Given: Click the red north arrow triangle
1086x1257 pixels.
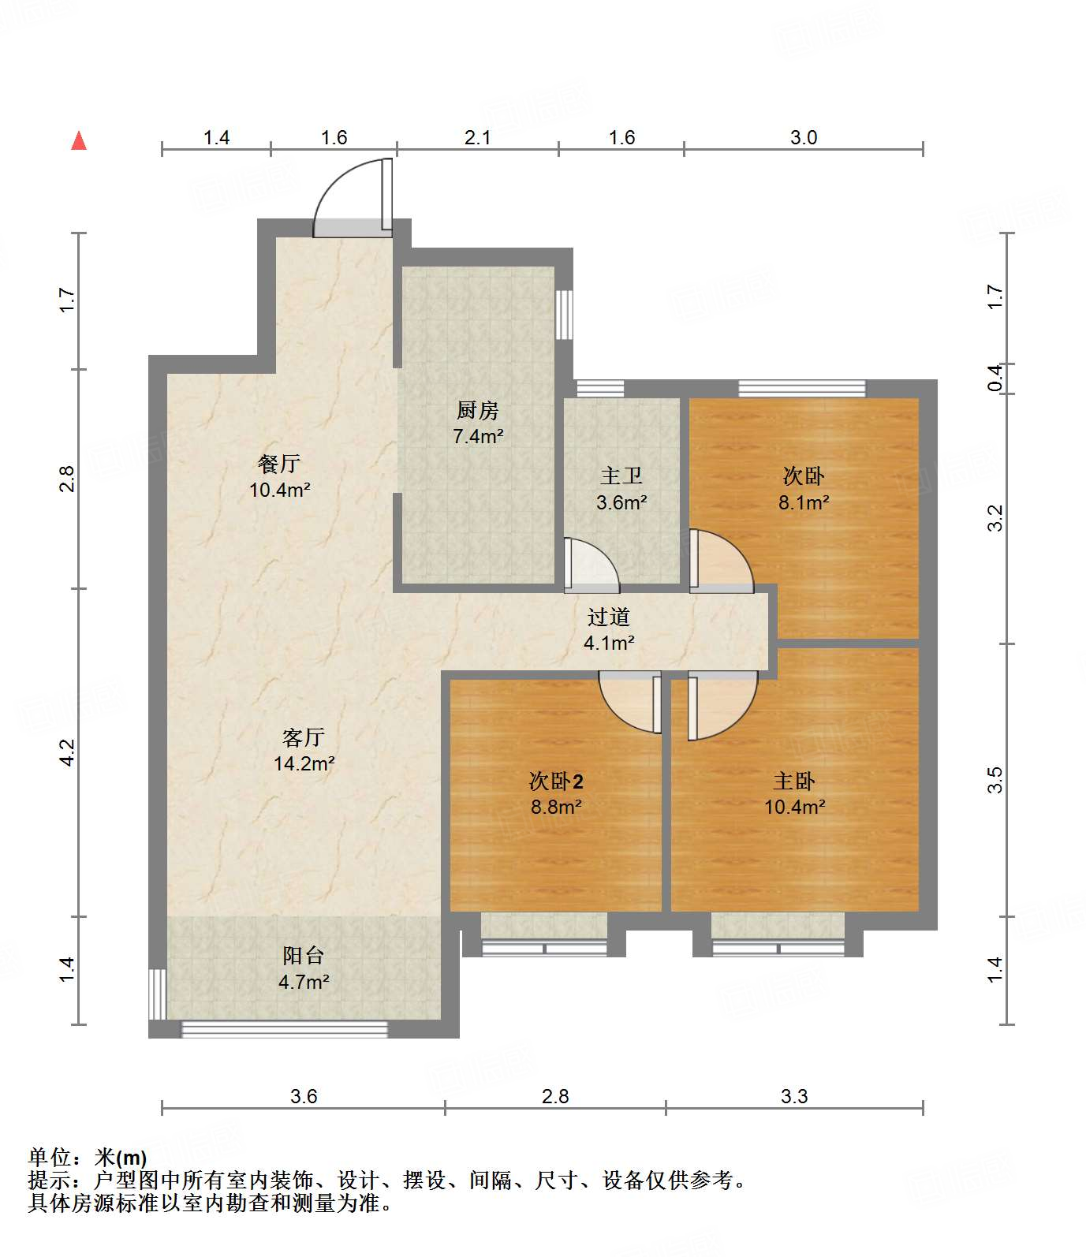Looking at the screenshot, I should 79,141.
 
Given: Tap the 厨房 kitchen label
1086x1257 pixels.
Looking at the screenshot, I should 477,410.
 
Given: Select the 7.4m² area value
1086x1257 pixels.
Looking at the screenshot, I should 477,436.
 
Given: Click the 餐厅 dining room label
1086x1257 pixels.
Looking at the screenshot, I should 279,463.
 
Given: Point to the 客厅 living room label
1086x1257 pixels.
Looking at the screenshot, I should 304,737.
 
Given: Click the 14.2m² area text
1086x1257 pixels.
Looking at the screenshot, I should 304,763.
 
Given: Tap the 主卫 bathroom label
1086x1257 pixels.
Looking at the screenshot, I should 621,476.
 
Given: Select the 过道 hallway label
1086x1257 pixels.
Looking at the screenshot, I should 608,617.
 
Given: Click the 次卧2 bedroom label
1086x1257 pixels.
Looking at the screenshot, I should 556,781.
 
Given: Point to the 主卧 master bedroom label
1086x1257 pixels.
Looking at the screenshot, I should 793,781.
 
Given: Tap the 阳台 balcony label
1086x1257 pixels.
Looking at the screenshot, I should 304,956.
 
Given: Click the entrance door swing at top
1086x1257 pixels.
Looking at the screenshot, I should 351,197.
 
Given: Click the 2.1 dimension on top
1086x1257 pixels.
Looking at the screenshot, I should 477,138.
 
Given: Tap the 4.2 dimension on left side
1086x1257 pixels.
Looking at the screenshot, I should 68,752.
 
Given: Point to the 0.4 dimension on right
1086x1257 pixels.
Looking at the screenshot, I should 995,378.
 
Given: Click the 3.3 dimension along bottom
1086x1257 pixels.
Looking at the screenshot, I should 794,1096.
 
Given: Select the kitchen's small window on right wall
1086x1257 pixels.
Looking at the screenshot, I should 563,315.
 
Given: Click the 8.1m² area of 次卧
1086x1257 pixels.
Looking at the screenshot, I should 803,502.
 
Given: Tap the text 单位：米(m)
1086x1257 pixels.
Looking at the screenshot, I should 88,1158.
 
